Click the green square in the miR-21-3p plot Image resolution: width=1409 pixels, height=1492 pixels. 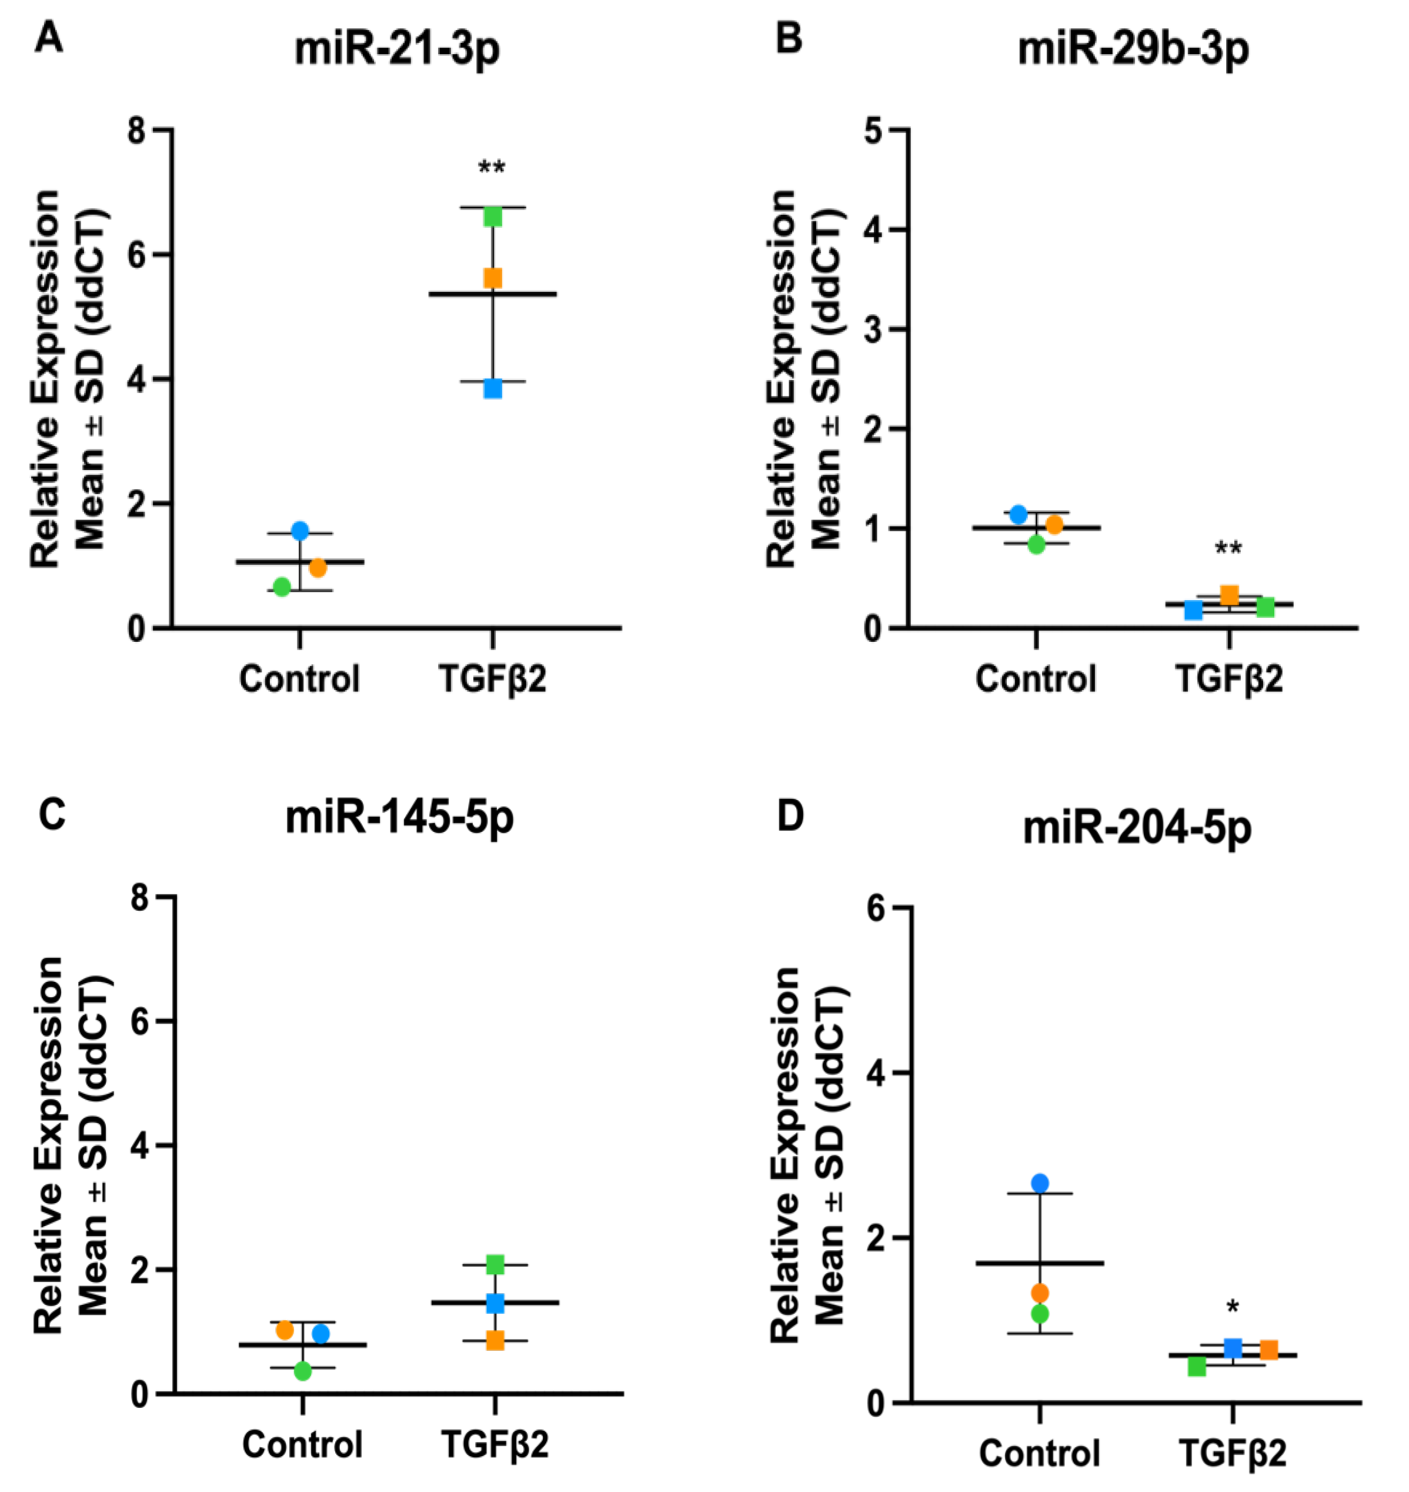[x=493, y=217]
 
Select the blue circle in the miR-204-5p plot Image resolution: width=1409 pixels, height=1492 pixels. [x=1040, y=1183]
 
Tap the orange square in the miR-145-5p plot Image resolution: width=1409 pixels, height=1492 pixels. [x=495, y=1340]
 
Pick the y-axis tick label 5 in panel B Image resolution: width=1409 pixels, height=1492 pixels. [x=873, y=130]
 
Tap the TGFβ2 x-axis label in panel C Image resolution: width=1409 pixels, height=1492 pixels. [x=495, y=1443]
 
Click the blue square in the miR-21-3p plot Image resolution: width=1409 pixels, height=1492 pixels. [x=493, y=388]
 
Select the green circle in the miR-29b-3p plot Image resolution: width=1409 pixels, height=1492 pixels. [x=1037, y=545]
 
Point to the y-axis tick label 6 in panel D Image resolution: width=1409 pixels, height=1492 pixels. [x=876, y=908]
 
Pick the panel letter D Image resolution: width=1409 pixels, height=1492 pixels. [x=790, y=817]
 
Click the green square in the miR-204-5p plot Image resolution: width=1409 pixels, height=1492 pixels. [x=1197, y=1367]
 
